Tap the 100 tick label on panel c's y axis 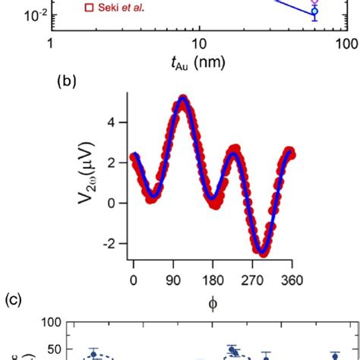click(x=50, y=322)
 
